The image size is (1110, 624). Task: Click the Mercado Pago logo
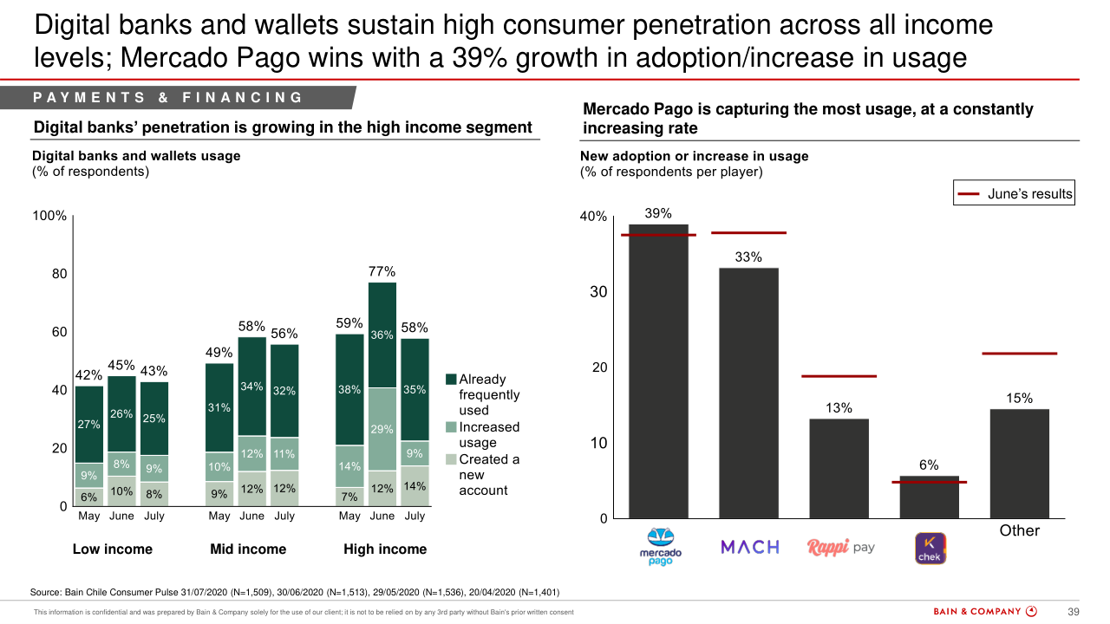click(x=660, y=547)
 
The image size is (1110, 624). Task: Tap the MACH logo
click(x=750, y=547)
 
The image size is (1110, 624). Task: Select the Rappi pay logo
click(x=840, y=548)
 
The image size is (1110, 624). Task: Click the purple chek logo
click(x=930, y=548)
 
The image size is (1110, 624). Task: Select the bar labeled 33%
click(x=748, y=393)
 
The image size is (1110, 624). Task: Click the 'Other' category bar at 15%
click(x=1019, y=464)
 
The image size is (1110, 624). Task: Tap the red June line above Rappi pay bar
click(x=839, y=376)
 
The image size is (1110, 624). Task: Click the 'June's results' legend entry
click(x=1014, y=194)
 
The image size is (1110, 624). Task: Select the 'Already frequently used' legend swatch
click(x=451, y=380)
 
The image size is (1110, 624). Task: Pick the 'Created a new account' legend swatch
click(x=451, y=459)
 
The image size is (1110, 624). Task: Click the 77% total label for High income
click(x=382, y=272)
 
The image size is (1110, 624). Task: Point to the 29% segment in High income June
click(x=382, y=429)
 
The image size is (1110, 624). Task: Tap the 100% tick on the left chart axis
click(x=49, y=216)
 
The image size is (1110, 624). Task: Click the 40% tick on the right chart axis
click(x=593, y=217)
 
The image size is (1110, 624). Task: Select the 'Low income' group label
click(x=112, y=549)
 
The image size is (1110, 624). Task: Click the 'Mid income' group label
click(x=248, y=549)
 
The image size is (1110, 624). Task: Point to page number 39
click(x=1073, y=612)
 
